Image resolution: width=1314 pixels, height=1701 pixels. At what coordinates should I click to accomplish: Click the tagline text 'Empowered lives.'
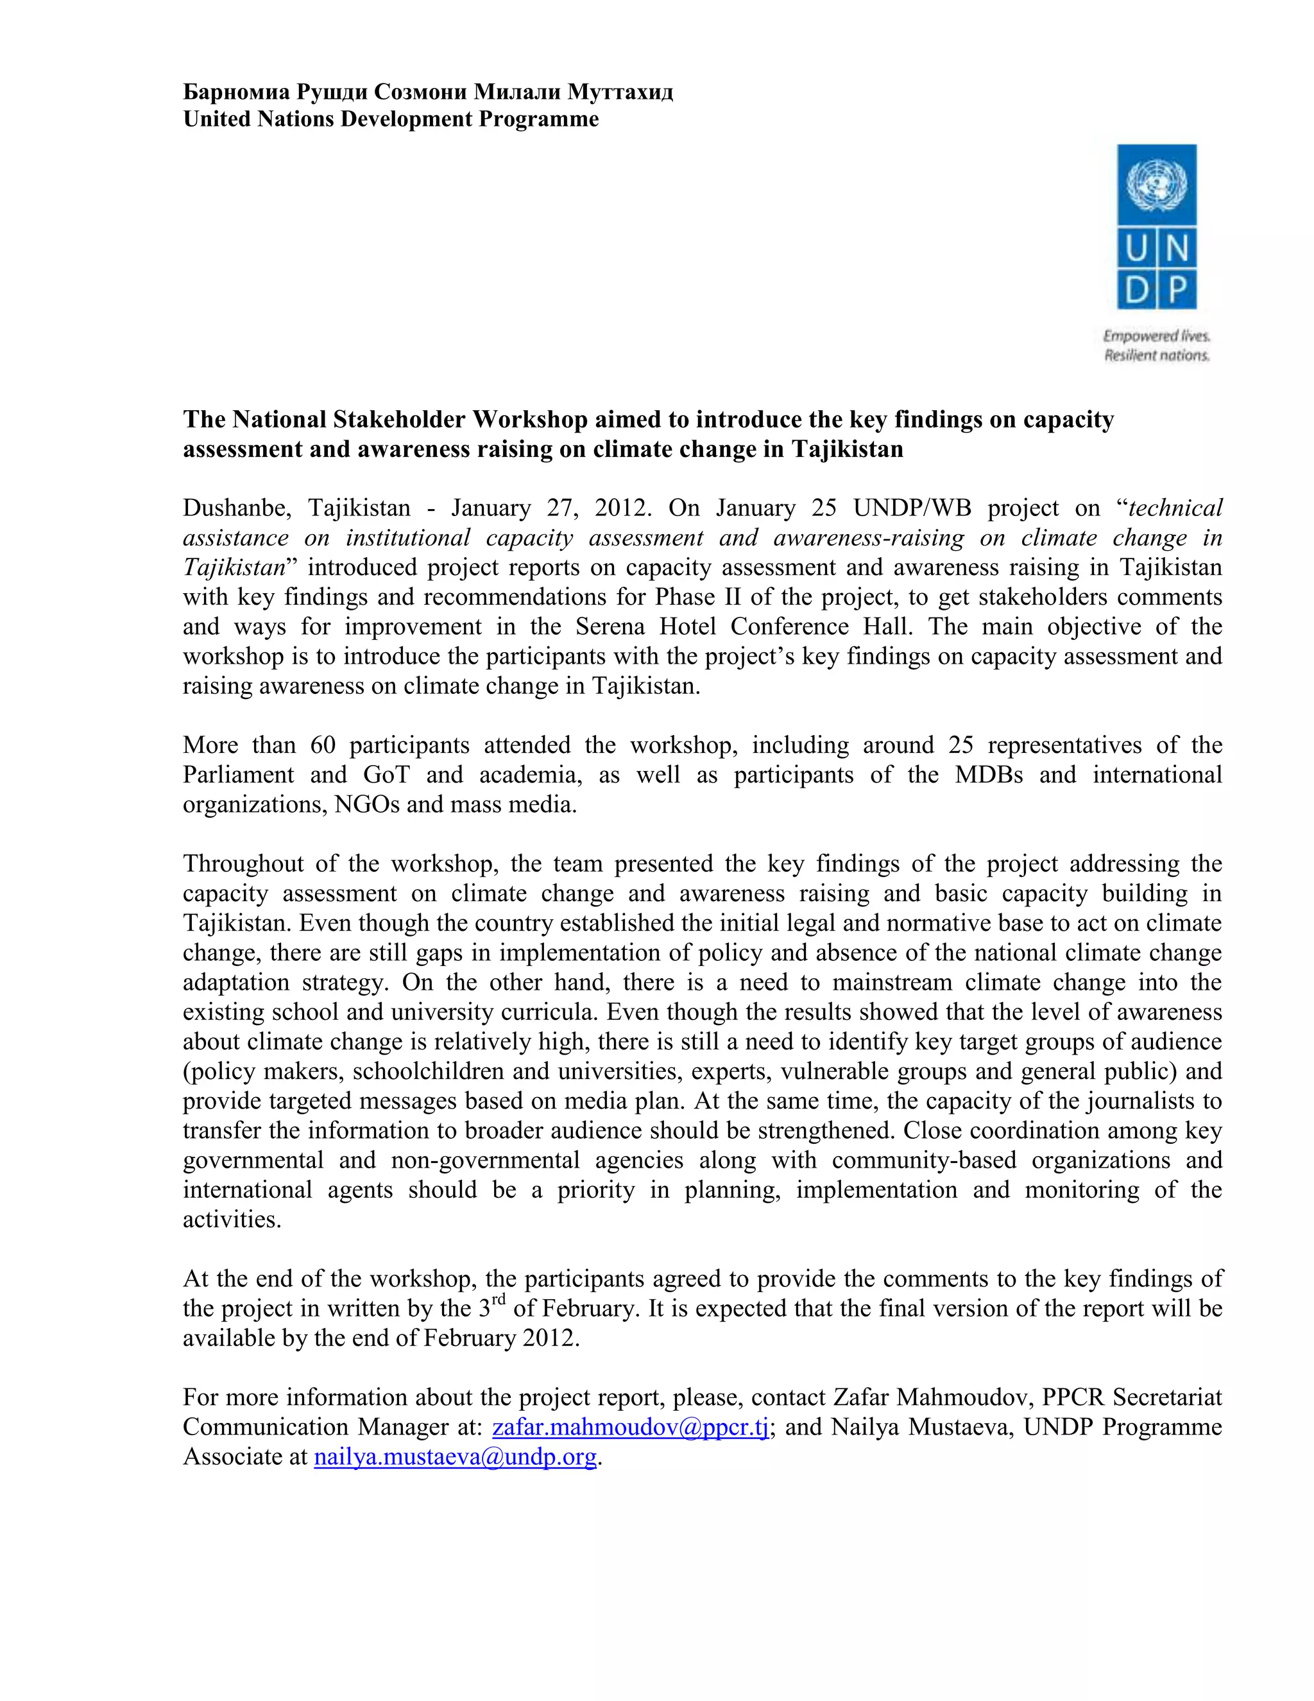(1156, 336)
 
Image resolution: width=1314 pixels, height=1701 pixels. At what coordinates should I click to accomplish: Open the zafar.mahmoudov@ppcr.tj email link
(631, 1427)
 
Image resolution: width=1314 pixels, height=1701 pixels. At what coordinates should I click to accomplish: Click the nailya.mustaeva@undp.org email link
(455, 1456)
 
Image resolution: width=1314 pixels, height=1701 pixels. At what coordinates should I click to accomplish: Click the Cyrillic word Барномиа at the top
(237, 92)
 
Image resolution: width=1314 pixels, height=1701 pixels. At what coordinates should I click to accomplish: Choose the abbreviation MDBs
(988, 775)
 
